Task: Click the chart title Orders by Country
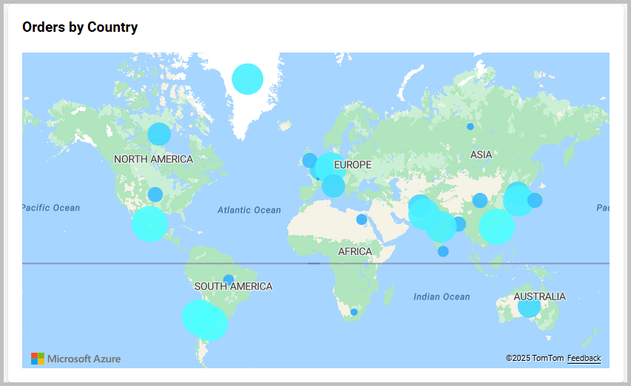(x=80, y=27)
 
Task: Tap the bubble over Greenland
(x=247, y=78)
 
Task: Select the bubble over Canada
(x=159, y=134)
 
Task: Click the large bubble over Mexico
(x=149, y=223)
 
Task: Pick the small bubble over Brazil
(x=229, y=280)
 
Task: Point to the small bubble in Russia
(x=470, y=126)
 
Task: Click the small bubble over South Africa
(x=354, y=312)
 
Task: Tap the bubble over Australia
(x=529, y=305)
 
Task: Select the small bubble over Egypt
(x=362, y=219)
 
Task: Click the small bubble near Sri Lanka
(x=443, y=251)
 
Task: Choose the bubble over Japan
(x=535, y=200)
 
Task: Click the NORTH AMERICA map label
(x=153, y=159)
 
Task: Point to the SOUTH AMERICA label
(x=233, y=286)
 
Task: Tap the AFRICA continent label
(x=355, y=251)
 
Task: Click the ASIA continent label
(x=481, y=155)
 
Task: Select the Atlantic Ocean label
(x=249, y=210)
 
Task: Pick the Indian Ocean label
(x=442, y=297)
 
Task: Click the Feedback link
(x=584, y=358)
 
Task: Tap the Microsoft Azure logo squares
(x=38, y=359)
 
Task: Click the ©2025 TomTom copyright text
(x=534, y=358)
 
